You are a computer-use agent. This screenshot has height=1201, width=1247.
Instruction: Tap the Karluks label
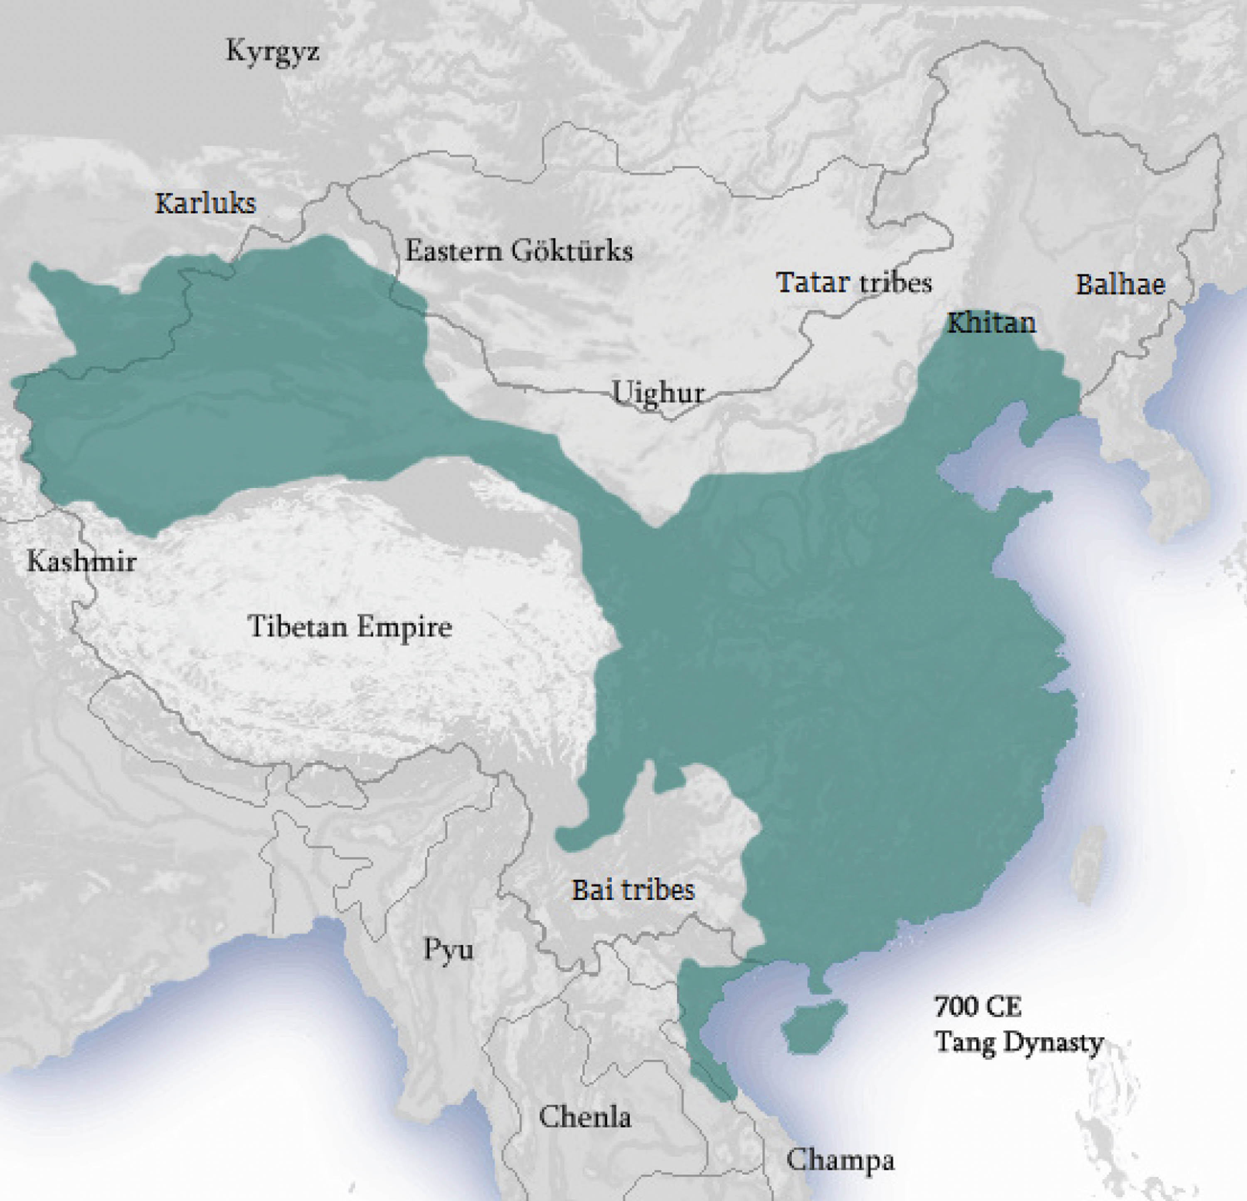205,204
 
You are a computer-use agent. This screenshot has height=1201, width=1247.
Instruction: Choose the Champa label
840,1160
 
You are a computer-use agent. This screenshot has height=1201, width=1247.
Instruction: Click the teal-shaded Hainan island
813,1025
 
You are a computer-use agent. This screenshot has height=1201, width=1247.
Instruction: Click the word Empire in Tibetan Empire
403,627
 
